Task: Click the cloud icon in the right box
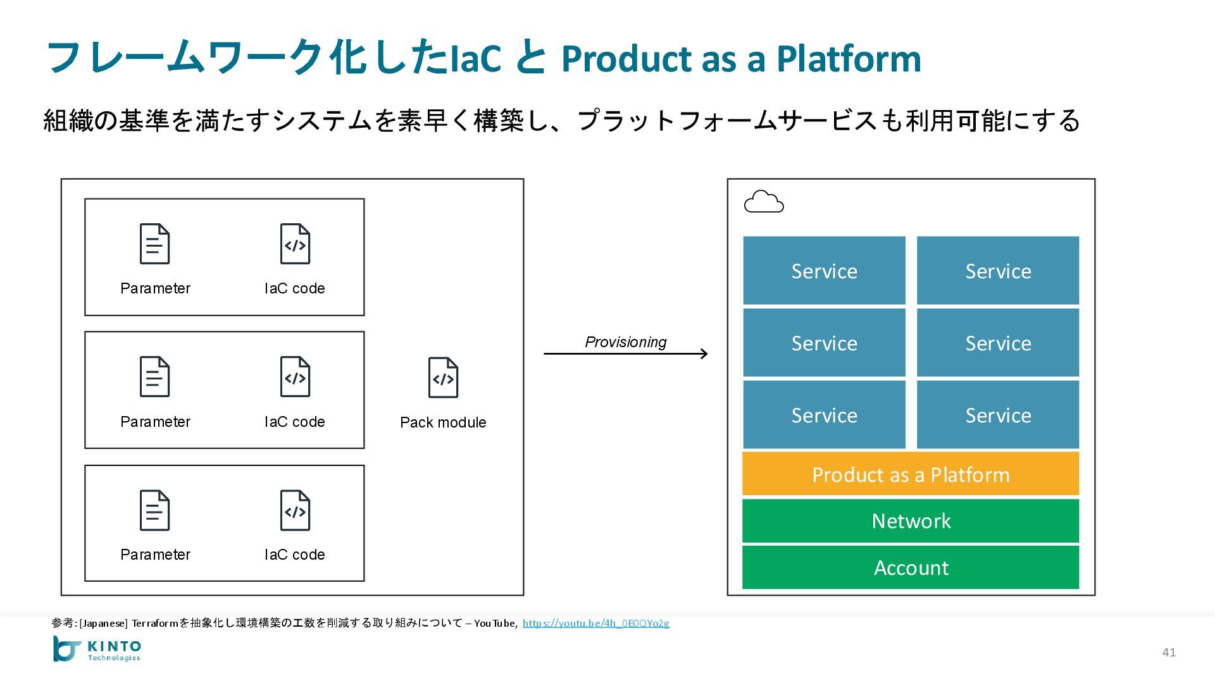(x=764, y=202)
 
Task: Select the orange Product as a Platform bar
(x=911, y=474)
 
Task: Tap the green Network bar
(x=911, y=520)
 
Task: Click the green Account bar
(x=911, y=567)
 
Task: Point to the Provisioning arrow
(x=626, y=354)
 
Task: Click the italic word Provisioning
(x=626, y=342)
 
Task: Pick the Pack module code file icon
(x=443, y=378)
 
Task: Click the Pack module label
(x=443, y=422)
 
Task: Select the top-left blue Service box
(x=824, y=271)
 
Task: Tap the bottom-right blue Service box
(x=998, y=415)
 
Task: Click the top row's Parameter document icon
(x=154, y=243)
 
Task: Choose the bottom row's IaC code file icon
(x=295, y=510)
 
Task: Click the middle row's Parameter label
(x=155, y=422)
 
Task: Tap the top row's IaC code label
(x=295, y=288)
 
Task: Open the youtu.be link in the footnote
(x=595, y=623)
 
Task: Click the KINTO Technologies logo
(x=97, y=649)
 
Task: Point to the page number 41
(x=1169, y=652)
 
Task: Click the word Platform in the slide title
(x=849, y=58)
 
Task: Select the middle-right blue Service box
(x=998, y=343)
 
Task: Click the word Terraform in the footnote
(x=155, y=623)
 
